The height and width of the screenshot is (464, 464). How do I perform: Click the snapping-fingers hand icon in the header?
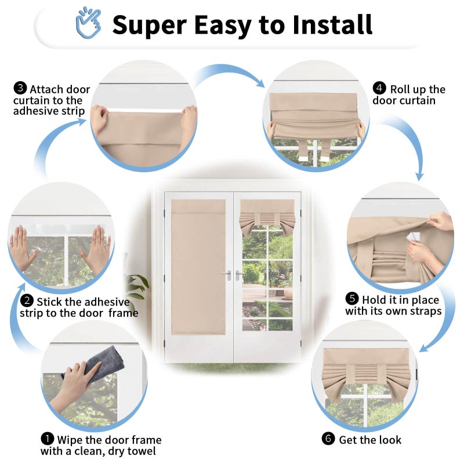89,23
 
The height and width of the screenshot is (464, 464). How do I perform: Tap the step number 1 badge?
48,439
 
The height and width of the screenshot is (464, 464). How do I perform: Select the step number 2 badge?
27,300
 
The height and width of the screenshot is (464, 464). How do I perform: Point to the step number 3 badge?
20,88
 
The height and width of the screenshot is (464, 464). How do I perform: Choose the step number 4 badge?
379,88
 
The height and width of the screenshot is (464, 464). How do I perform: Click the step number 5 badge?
352,299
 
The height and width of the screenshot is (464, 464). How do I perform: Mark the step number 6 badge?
328,438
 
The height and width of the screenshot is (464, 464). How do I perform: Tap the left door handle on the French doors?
228,275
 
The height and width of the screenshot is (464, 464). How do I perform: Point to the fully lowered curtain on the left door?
198,267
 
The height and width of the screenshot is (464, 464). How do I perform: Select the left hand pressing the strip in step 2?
22,248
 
